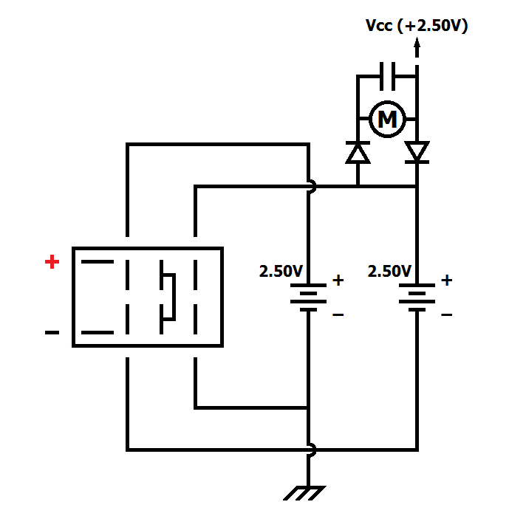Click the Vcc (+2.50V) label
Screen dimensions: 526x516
click(417, 26)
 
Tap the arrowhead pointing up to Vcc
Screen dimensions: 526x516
click(417, 43)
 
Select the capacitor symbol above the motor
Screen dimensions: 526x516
click(387, 76)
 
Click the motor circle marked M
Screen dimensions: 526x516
click(387, 119)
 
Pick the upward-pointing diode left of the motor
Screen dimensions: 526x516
click(358, 153)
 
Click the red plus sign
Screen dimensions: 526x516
click(52, 261)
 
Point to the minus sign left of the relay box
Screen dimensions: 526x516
click(52, 332)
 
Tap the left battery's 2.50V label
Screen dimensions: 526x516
click(281, 271)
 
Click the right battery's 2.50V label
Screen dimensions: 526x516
click(389, 271)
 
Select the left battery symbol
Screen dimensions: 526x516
click(308, 297)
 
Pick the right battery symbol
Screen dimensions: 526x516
click(417, 297)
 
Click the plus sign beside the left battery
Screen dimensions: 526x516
click(338, 281)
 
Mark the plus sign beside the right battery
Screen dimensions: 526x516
click(447, 281)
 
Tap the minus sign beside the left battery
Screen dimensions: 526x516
click(338, 314)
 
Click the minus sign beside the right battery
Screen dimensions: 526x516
click(447, 314)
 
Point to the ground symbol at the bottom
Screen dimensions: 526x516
click(304, 493)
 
